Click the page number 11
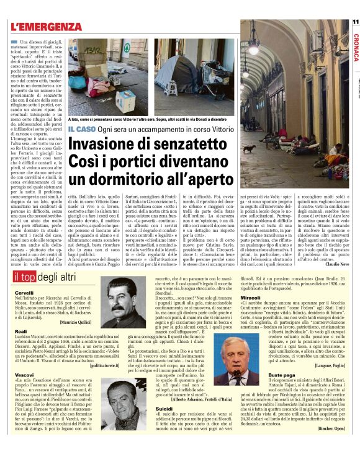coord(355,22)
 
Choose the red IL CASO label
coord(81,128)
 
